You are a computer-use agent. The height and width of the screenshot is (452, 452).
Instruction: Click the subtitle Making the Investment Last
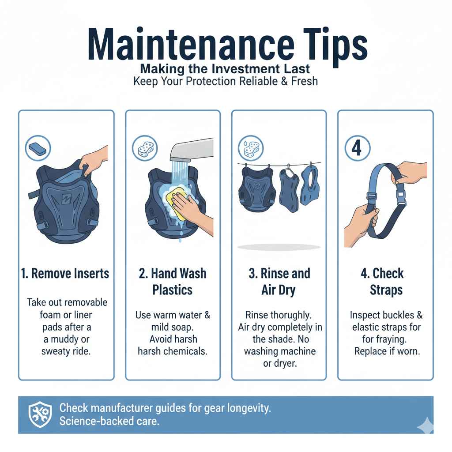(x=226, y=69)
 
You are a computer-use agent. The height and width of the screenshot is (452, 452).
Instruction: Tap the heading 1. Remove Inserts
(x=66, y=274)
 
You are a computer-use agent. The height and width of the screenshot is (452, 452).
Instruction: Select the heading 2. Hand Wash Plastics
(x=173, y=281)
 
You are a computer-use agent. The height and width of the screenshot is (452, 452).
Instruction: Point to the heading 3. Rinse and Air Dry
(x=279, y=281)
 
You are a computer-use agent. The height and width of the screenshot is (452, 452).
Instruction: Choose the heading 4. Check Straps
(x=382, y=281)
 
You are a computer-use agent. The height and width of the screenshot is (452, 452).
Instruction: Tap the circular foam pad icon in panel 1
(x=38, y=148)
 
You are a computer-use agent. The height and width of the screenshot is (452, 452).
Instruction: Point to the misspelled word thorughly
(x=294, y=316)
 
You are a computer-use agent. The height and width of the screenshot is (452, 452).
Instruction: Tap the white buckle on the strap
(x=401, y=195)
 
